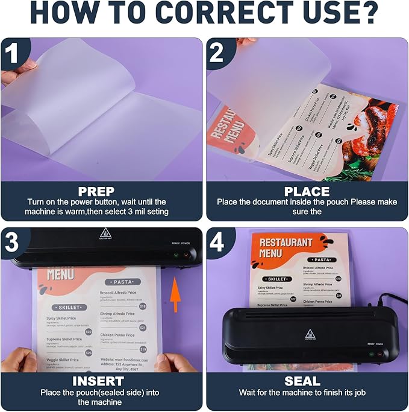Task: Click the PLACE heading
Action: (307, 192)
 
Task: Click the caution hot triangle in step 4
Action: (309, 334)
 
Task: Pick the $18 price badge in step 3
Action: (143, 306)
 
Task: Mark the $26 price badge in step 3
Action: (89, 353)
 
